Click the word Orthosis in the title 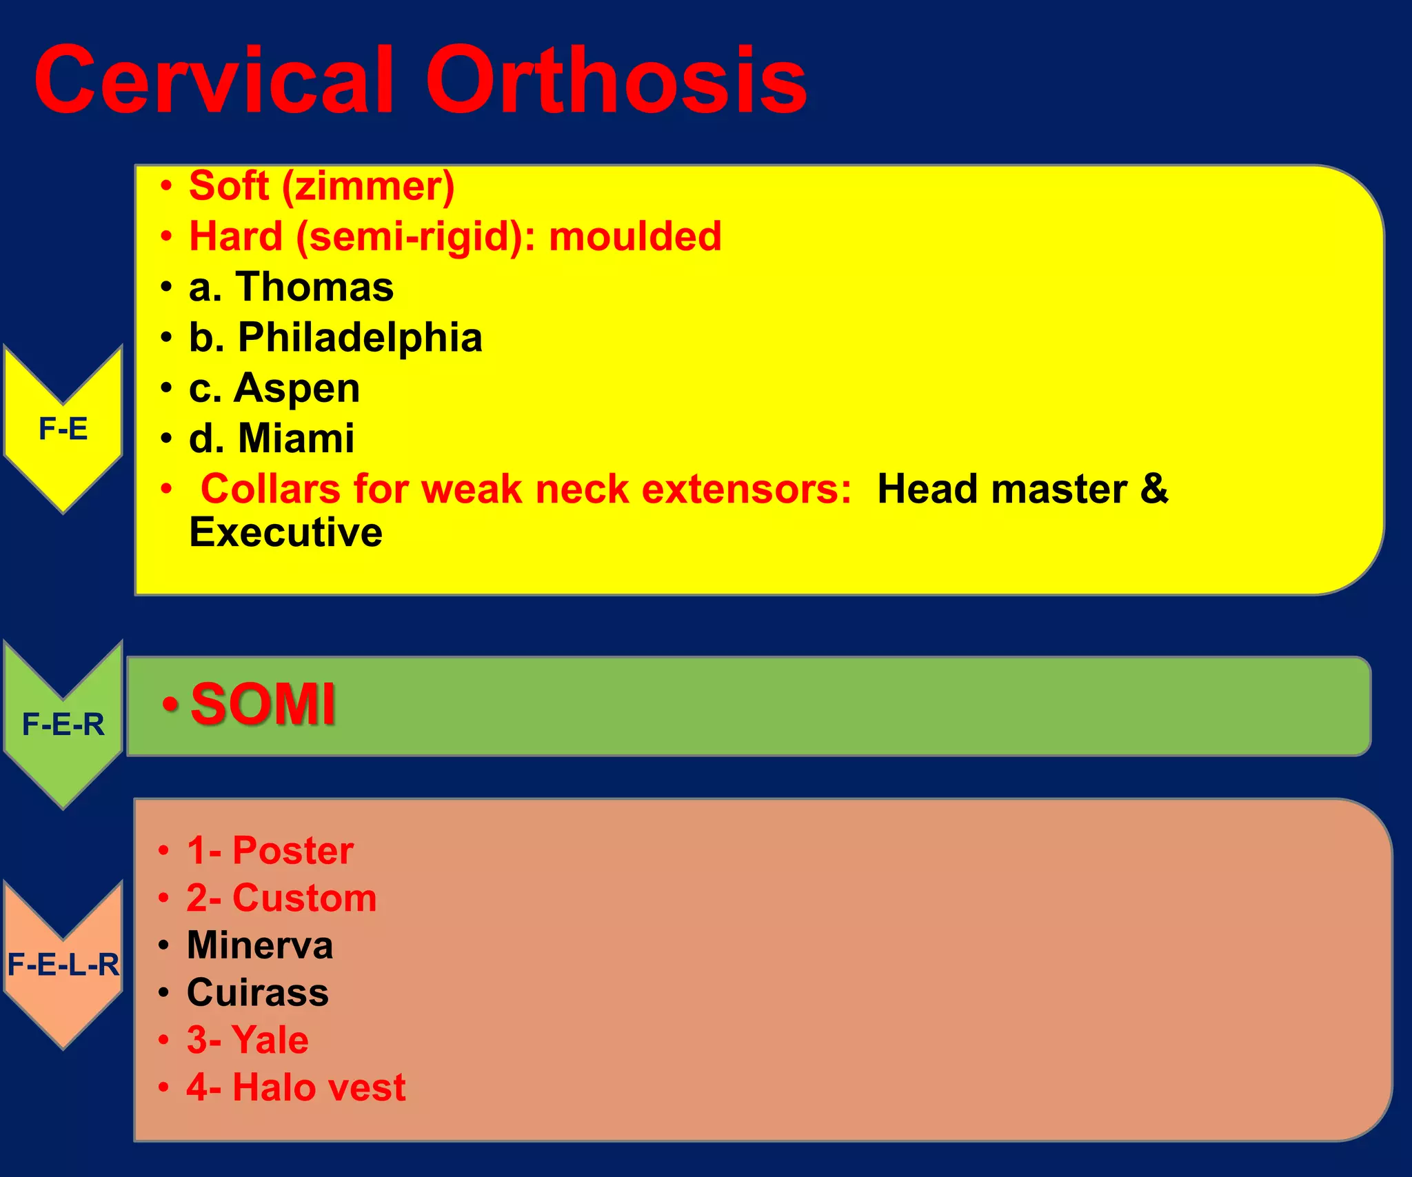[x=616, y=80]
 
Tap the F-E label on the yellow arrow [x=63, y=429]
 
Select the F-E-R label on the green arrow [x=63, y=725]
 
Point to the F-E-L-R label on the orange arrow [x=63, y=964]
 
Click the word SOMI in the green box [x=263, y=705]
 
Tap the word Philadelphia [x=360, y=338]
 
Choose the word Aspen [x=296, y=388]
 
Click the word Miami [x=296, y=439]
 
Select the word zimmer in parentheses [x=367, y=186]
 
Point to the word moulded [x=635, y=237]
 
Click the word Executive [x=285, y=532]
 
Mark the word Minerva [x=260, y=945]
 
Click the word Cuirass [x=257, y=992]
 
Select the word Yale [x=270, y=1040]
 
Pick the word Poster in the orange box [x=293, y=850]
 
